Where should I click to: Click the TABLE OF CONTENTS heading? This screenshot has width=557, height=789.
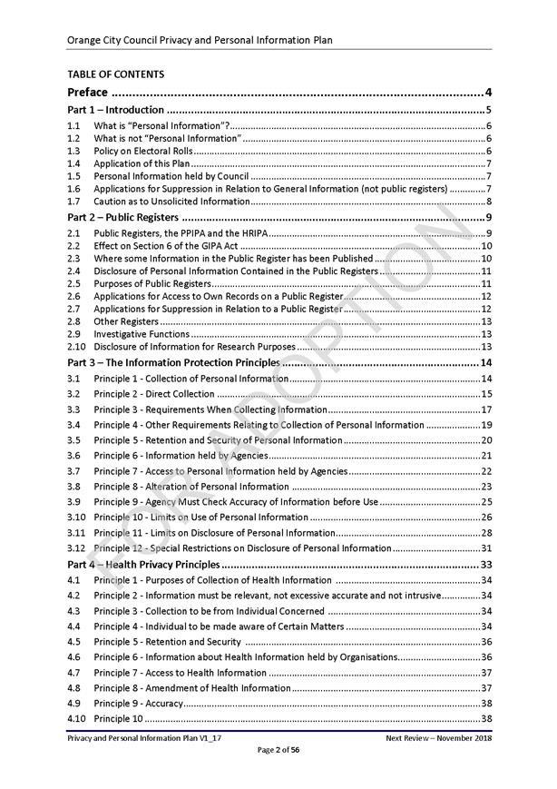(x=115, y=74)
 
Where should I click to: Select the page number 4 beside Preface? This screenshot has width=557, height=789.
(x=488, y=92)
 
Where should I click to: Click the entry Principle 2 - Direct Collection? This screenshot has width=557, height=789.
(x=154, y=394)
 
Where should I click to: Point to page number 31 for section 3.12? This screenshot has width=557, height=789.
(x=486, y=548)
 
